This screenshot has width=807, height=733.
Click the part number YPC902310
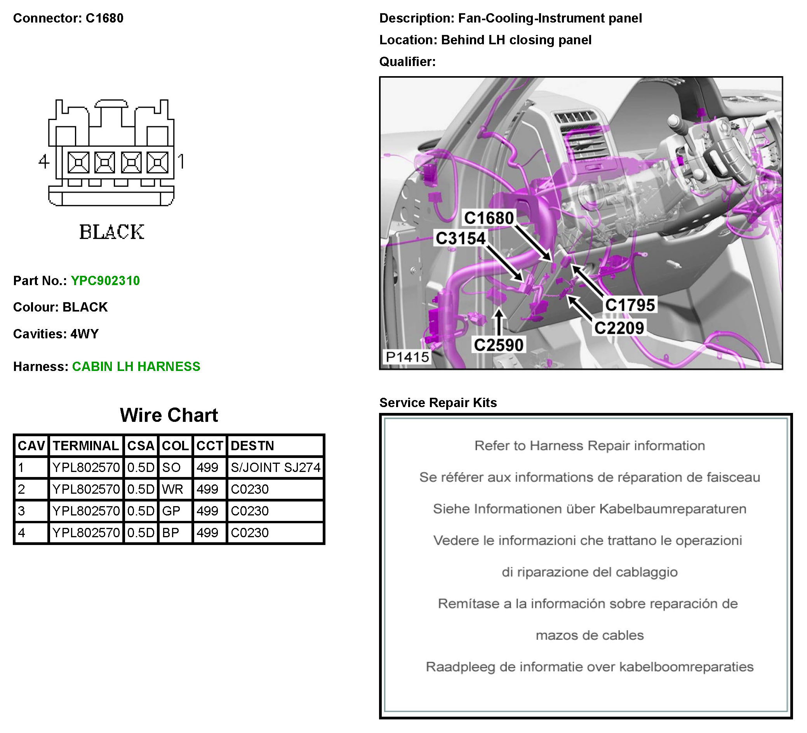click(105, 280)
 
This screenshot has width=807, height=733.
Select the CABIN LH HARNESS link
click(136, 366)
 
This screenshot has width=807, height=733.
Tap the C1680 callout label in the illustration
click(489, 218)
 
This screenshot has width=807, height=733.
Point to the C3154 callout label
click(460, 239)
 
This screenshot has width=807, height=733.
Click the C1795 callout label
click(630, 305)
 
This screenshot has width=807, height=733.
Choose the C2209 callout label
click(619, 328)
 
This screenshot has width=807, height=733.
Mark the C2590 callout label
click(498, 345)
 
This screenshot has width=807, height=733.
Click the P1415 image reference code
click(407, 357)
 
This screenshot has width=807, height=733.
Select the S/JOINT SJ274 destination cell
click(276, 467)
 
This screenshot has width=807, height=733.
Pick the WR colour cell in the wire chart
click(172, 489)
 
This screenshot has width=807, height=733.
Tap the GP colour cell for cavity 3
click(171, 511)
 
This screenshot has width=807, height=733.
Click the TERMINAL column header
click(86, 446)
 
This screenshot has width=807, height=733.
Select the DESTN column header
click(252, 446)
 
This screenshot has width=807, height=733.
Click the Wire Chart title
click(169, 415)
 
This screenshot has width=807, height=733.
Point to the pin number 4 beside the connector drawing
click(43, 161)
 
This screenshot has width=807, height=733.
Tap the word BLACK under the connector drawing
click(112, 232)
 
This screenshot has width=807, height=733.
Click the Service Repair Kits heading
click(438, 402)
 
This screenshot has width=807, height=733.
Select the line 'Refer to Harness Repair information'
click(590, 446)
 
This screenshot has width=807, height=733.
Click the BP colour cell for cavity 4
click(170, 533)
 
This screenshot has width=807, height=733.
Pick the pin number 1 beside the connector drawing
click(181, 161)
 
